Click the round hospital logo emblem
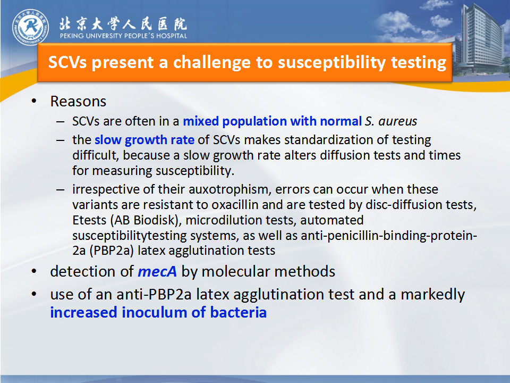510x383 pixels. click(x=31, y=27)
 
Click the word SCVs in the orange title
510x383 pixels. click(x=67, y=62)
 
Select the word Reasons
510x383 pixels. click(x=78, y=101)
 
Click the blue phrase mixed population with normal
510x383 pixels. click(x=272, y=121)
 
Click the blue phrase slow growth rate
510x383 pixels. click(x=144, y=140)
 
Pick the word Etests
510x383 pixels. click(x=89, y=220)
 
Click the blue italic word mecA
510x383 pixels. click(x=157, y=272)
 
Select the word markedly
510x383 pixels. click(x=432, y=295)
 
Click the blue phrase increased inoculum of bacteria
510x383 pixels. click(x=158, y=312)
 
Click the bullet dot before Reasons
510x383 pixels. click(x=34, y=101)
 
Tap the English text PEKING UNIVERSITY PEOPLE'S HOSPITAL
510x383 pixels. click(x=123, y=36)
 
